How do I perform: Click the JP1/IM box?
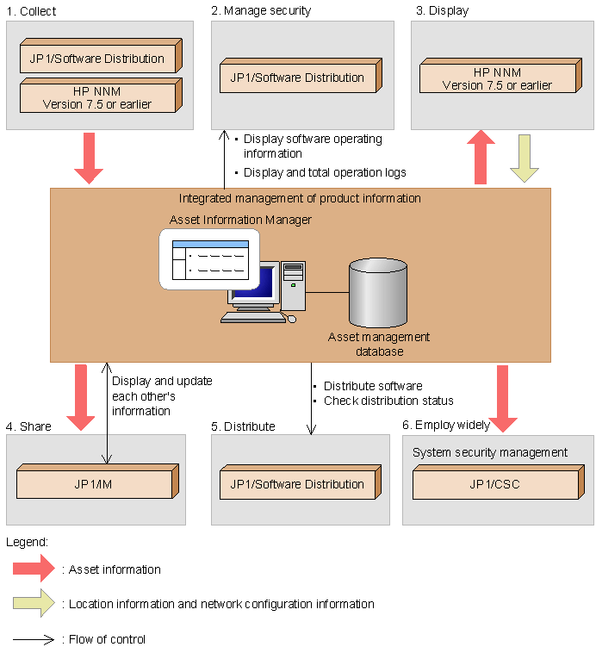coord(97,481)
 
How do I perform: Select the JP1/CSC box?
coord(498,482)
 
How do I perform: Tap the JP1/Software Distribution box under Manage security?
coord(301,75)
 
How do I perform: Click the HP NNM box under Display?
coord(500,75)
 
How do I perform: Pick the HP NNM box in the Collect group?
coord(102,95)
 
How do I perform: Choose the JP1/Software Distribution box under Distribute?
coord(301,482)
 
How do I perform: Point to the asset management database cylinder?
coord(378,292)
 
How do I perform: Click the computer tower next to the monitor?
coord(293,286)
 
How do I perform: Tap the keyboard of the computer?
coord(253,318)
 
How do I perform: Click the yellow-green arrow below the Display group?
coord(525,159)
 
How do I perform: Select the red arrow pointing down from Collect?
coord(89,159)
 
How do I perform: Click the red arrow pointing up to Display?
coord(481,157)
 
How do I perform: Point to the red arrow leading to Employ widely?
coord(503,399)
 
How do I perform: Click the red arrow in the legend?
coord(34,568)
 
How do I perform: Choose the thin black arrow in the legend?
coord(34,639)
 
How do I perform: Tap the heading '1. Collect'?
coord(31,11)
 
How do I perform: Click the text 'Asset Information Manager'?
coord(240,220)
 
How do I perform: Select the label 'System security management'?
coord(490,452)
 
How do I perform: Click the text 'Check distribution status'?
coord(388,401)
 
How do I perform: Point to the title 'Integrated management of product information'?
coord(300,198)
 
